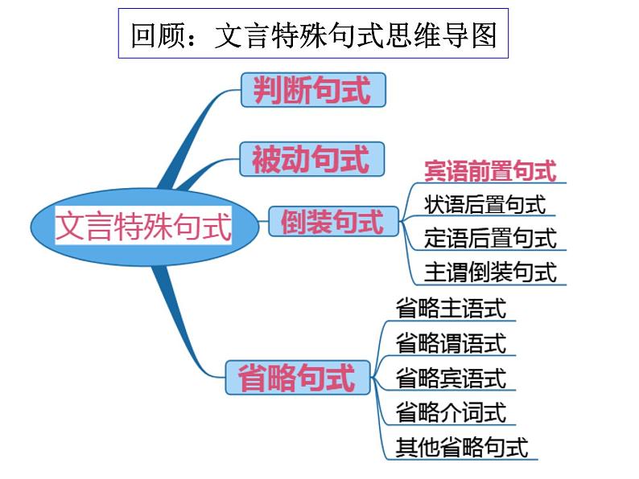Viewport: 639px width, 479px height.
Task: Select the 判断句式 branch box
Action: click(312, 89)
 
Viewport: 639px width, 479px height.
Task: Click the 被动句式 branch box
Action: click(311, 158)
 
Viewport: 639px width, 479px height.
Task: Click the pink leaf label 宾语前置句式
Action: click(489, 170)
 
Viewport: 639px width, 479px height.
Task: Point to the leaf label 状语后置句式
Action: click(484, 204)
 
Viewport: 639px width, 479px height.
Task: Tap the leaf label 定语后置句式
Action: click(489, 238)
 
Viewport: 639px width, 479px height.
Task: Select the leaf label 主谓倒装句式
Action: click(489, 272)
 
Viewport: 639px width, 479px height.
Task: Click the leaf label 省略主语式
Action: click(451, 308)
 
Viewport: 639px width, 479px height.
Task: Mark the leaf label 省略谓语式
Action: click(451, 343)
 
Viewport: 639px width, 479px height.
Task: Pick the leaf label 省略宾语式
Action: click(451, 377)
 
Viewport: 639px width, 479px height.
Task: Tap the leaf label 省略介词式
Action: click(451, 412)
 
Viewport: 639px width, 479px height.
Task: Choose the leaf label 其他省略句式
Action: click(461, 446)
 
